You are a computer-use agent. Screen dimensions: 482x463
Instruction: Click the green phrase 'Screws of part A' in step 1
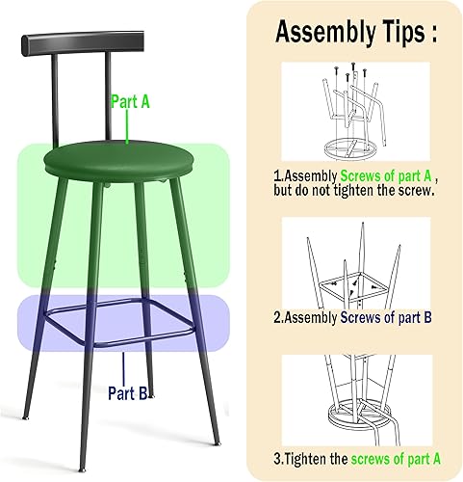point(382,176)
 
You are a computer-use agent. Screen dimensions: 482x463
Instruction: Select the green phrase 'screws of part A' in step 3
point(396,459)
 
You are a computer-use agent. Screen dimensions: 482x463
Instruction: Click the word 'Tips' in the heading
point(399,32)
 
